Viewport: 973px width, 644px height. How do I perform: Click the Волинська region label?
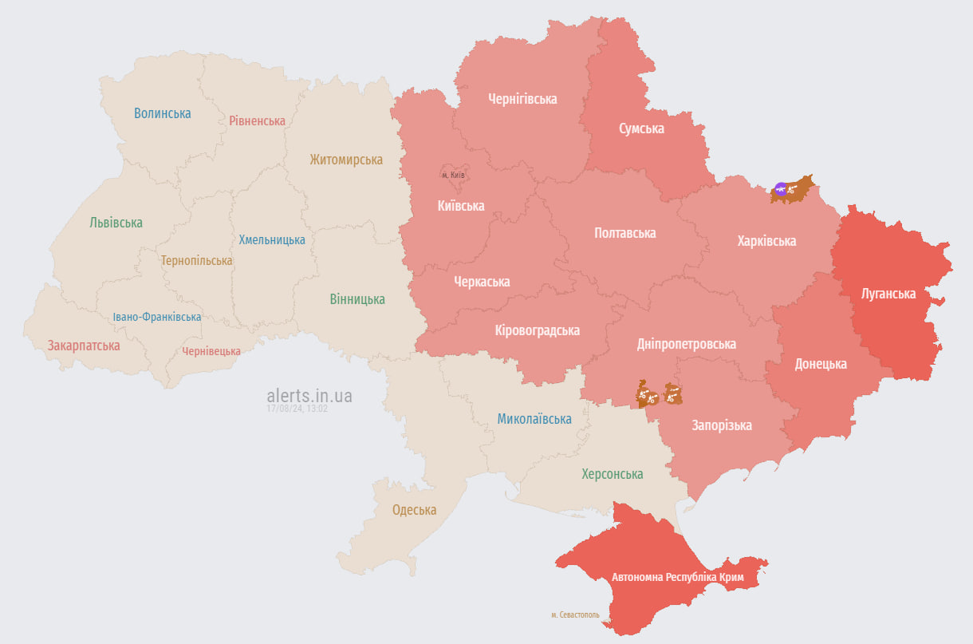[162, 113]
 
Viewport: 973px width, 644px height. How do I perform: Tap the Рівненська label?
[257, 121]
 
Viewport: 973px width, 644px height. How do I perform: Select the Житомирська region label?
[346, 160]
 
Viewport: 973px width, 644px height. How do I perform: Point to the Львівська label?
[116, 223]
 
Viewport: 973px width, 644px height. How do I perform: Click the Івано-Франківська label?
[156, 317]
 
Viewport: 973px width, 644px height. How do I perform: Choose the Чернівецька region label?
[211, 351]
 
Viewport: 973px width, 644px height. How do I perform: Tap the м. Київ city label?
[453, 175]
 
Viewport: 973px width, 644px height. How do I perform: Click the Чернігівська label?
[522, 99]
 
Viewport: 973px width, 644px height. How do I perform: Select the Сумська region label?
[641, 128]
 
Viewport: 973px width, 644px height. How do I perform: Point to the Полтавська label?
[625, 233]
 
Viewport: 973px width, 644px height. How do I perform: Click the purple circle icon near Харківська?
[781, 189]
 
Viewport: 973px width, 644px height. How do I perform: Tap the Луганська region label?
[888, 294]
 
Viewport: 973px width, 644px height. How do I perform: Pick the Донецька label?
[821, 364]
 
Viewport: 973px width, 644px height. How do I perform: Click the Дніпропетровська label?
[686, 344]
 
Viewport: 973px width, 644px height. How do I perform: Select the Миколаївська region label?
[534, 418]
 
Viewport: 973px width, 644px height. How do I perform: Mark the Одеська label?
[414, 510]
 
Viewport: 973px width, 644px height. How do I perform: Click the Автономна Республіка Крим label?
[677, 577]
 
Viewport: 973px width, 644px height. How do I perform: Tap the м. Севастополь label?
[575, 615]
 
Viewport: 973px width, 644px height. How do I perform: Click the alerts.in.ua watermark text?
[309, 396]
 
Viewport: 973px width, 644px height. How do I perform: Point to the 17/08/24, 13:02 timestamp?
[297, 409]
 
